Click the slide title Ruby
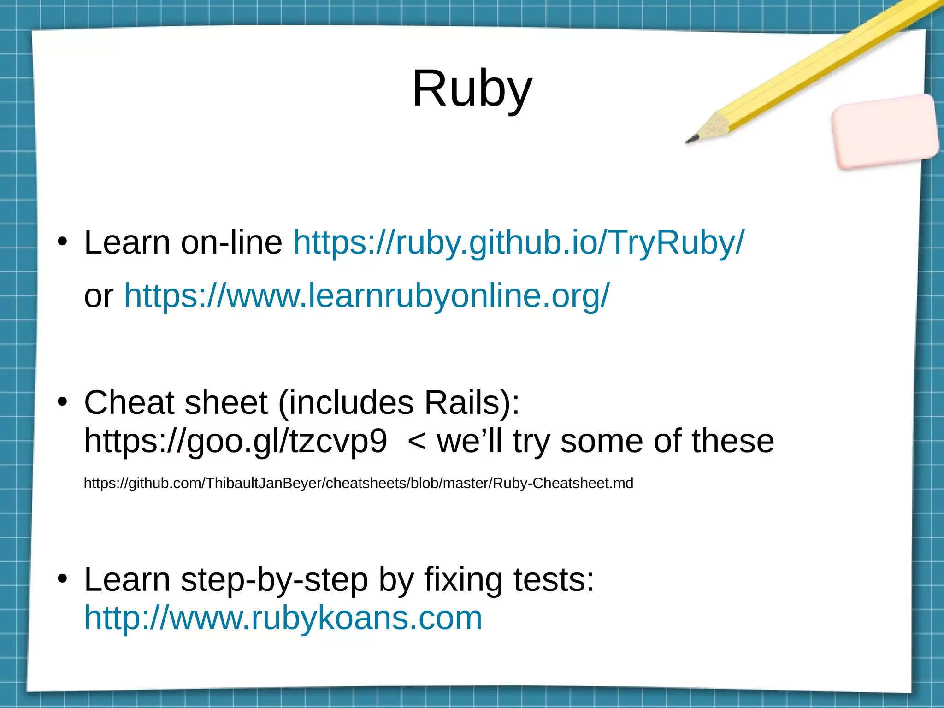[x=472, y=88]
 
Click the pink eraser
[x=885, y=131]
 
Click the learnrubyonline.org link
[x=366, y=295]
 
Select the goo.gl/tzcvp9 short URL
[x=235, y=441]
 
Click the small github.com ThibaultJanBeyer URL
[x=358, y=483]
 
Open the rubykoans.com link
[x=283, y=618]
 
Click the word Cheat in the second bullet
[x=129, y=402]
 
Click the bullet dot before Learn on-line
[x=63, y=241]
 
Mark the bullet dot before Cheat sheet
[x=63, y=401]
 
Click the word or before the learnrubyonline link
[x=98, y=296]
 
